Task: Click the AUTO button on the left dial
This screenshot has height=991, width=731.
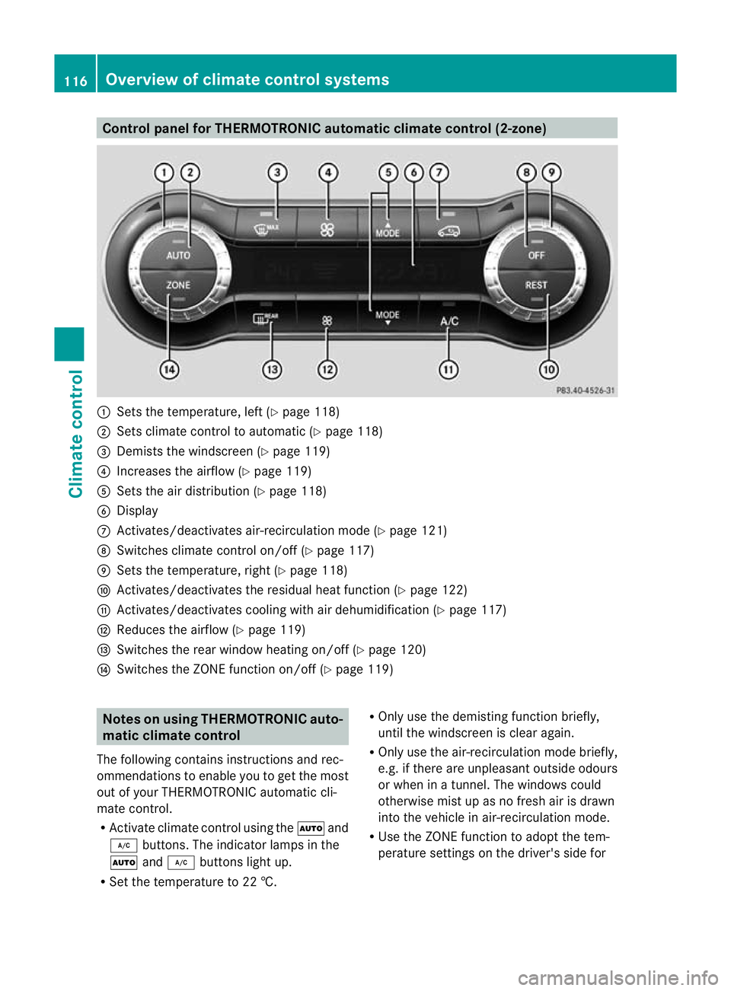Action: [178, 256]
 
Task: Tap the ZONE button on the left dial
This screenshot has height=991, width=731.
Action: [178, 285]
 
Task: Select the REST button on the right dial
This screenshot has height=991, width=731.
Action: [536, 285]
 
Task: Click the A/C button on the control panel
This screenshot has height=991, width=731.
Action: [449, 321]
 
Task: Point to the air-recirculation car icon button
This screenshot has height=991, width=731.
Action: [448, 231]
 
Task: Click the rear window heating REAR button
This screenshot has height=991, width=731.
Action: [266, 318]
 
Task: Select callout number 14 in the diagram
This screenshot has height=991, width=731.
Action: [169, 370]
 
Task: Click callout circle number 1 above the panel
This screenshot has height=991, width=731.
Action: [164, 173]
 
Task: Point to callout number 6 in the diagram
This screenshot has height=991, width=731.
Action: [413, 173]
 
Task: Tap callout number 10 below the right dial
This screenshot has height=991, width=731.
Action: [548, 370]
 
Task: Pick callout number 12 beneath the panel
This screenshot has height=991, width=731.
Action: [327, 370]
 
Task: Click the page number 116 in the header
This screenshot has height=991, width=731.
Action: [75, 81]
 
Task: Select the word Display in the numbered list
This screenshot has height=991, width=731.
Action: [137, 511]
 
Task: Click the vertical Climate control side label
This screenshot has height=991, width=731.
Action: [75, 433]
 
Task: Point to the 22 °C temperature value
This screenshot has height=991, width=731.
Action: [259, 882]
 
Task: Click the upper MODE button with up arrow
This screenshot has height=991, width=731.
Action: [387, 229]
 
